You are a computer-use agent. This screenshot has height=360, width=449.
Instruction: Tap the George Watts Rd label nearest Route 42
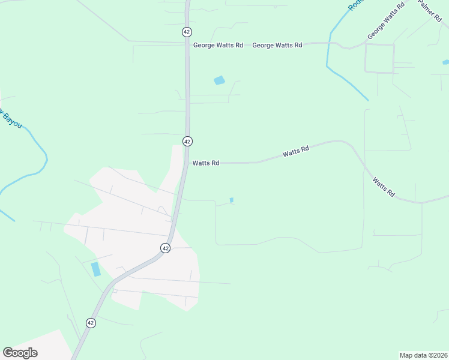pyautogui.click(x=218, y=45)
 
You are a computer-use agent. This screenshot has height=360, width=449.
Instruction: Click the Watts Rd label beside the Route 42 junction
pyautogui.click(x=206, y=163)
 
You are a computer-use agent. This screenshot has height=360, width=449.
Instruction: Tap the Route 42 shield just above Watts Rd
pyautogui.click(x=187, y=141)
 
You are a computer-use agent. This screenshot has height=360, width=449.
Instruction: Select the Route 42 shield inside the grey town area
pyautogui.click(x=166, y=248)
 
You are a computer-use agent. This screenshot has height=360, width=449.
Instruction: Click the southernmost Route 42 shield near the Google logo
pyautogui.click(x=91, y=323)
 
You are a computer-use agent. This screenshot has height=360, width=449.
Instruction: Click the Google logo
pyautogui.click(x=20, y=353)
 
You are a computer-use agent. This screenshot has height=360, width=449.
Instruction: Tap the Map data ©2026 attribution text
pyautogui.click(x=423, y=355)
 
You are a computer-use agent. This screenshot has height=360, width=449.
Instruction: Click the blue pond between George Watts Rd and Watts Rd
pyautogui.click(x=219, y=80)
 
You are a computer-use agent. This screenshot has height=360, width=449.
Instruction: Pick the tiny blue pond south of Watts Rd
pyautogui.click(x=232, y=200)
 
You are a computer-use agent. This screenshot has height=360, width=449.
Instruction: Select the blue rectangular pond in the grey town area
pyautogui.click(x=96, y=269)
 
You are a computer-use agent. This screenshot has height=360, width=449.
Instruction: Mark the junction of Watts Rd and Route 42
pyautogui.click(x=187, y=163)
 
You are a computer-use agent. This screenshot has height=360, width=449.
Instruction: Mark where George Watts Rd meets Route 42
pyautogui.click(x=187, y=43)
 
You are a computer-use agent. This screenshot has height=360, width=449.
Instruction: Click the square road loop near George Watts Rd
pyautogui.click(x=379, y=58)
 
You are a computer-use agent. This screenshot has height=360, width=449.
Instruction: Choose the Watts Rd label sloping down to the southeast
pyautogui.click(x=383, y=187)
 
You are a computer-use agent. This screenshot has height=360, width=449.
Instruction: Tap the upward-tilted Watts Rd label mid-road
pyautogui.click(x=295, y=152)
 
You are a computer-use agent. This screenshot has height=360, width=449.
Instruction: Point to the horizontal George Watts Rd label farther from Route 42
pyautogui.click(x=277, y=45)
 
